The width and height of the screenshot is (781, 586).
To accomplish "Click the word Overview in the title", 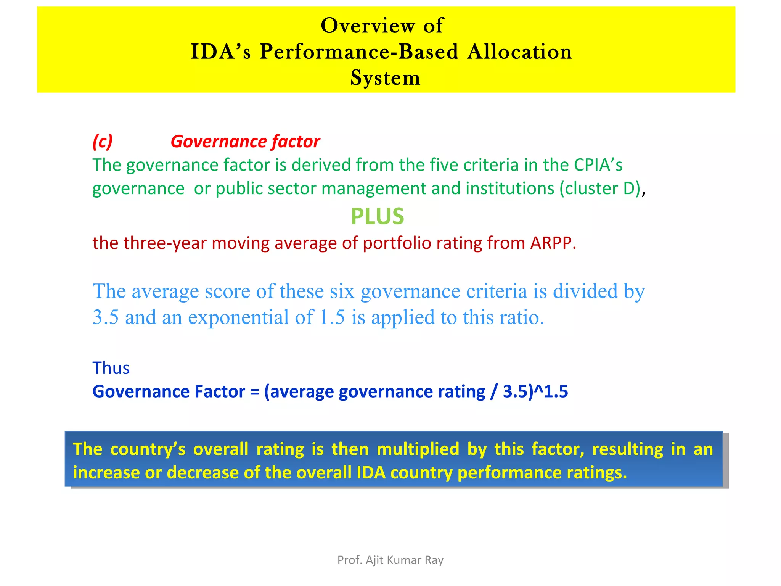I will click(x=368, y=26).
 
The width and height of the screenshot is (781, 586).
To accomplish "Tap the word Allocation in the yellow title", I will click(x=519, y=52).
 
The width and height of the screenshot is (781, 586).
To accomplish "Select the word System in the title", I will click(x=385, y=78).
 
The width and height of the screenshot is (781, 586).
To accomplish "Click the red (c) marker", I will click(x=103, y=142).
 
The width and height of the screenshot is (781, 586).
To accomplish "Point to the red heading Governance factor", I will click(x=245, y=142).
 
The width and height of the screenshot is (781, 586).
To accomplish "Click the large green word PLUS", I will click(x=377, y=216).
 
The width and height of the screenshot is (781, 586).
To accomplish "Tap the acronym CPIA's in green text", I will click(x=598, y=165).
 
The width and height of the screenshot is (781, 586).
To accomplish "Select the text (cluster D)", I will click(x=600, y=189).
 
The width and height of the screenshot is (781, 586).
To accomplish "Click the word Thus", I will click(x=111, y=368).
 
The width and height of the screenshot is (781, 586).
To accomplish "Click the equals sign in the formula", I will click(x=254, y=392).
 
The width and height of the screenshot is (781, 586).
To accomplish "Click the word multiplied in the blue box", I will click(x=418, y=449).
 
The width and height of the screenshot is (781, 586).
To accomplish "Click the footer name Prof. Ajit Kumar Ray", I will click(x=390, y=560).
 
